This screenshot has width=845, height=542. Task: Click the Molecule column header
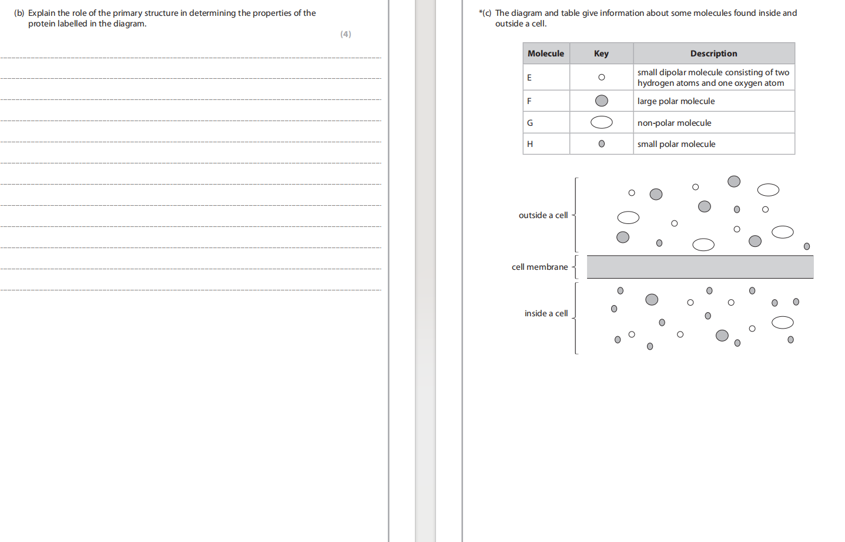(x=545, y=53)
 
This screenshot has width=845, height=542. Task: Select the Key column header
(x=601, y=53)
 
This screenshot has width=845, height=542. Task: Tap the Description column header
(x=714, y=53)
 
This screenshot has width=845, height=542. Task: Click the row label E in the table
(x=529, y=78)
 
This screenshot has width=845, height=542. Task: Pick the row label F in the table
(x=529, y=101)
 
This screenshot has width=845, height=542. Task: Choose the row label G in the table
(x=529, y=123)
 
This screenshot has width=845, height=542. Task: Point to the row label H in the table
(x=529, y=144)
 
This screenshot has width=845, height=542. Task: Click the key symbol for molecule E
(x=602, y=78)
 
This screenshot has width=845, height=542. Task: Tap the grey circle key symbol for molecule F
(x=602, y=101)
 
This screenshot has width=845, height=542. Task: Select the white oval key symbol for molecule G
(x=602, y=122)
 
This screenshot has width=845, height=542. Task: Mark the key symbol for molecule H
(x=602, y=144)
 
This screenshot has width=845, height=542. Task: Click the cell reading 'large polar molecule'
(x=676, y=101)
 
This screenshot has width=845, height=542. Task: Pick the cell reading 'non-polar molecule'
(x=674, y=123)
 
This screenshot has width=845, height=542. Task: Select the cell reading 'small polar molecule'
(x=676, y=144)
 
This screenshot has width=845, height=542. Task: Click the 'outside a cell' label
(x=543, y=215)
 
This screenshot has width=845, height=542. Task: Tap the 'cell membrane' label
(x=540, y=267)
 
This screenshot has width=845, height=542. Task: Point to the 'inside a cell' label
(x=546, y=313)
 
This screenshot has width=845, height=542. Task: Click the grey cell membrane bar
(x=700, y=267)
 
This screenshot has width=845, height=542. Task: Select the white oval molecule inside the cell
(x=782, y=322)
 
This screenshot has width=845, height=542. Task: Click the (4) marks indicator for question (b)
(x=346, y=34)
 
